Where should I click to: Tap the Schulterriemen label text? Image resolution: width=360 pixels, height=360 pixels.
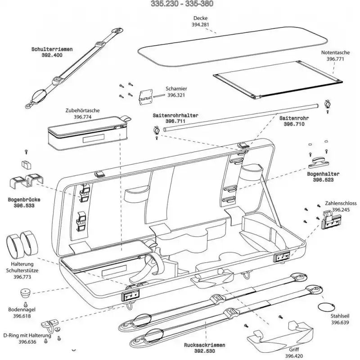(x=52, y=49)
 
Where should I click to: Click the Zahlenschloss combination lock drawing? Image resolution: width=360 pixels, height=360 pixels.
(x=331, y=220)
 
